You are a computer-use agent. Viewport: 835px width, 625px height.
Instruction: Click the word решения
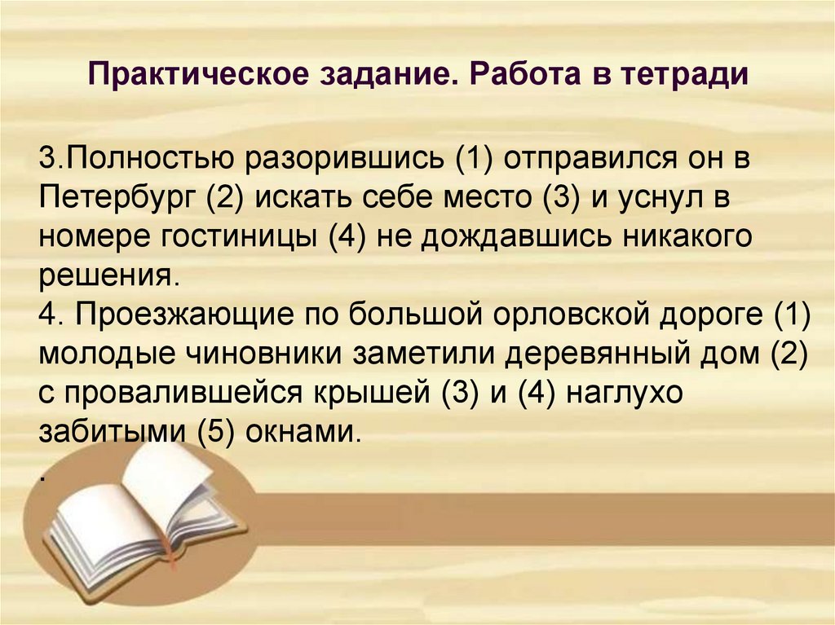click(x=106, y=275)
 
